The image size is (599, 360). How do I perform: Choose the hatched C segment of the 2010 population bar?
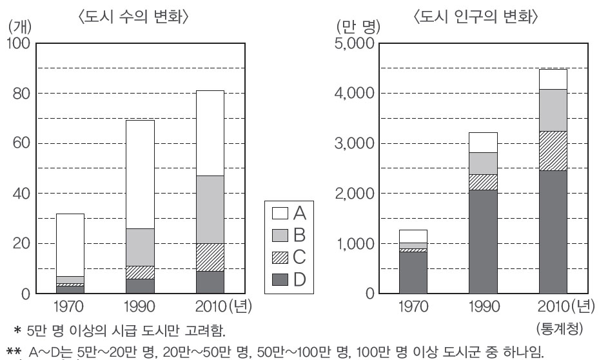[553, 151]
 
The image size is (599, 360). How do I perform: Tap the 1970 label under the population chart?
[413, 305]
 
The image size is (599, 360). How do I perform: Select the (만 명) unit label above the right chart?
[359, 27]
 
